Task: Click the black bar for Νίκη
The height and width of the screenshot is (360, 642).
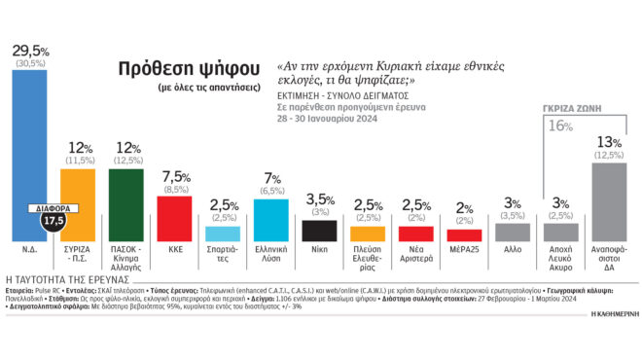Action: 320,231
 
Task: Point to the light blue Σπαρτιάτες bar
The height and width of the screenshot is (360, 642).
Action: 224,234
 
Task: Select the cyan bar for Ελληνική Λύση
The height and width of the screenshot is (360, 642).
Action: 271,219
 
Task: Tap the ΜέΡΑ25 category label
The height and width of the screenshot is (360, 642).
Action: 464,249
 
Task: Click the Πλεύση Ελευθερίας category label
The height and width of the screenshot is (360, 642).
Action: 368,254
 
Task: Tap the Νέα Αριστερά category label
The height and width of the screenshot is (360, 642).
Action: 416,254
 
